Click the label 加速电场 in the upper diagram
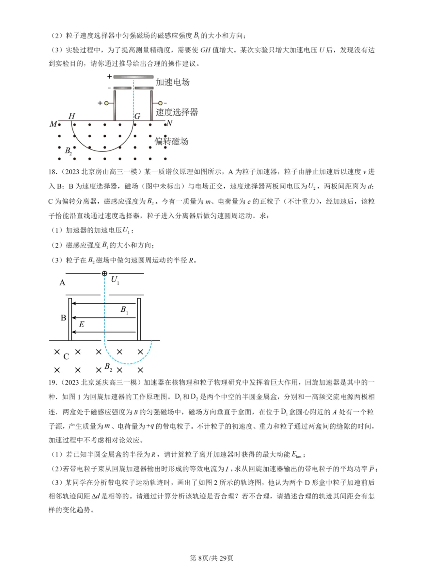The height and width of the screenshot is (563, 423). pos(173,82)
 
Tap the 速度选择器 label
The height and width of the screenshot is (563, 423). pos(177,112)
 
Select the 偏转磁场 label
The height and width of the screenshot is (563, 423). pos(171,141)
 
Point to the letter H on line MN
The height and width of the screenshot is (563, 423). pos(72,116)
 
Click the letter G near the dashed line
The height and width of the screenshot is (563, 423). pos(137,116)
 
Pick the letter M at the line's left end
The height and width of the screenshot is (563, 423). pos(53,124)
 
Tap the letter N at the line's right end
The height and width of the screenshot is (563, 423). pos(170,123)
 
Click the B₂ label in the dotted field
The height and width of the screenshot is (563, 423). pos(69,151)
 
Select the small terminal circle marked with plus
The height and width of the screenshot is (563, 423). pos(106,103)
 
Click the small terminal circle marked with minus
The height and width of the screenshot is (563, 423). pos(160,103)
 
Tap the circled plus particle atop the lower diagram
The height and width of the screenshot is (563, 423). pos(105,273)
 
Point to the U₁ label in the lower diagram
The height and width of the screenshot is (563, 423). pos(115,280)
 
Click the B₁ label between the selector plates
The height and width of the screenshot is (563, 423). pos(124,310)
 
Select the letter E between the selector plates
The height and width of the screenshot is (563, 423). pos(81,324)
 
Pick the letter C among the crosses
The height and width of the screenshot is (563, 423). pos(66,356)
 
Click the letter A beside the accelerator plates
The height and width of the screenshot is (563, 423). pos(62,282)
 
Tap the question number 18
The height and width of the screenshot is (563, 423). pos(52,172)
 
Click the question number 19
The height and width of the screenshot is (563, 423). pos(52,383)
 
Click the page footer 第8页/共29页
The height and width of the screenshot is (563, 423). pos(211,558)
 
